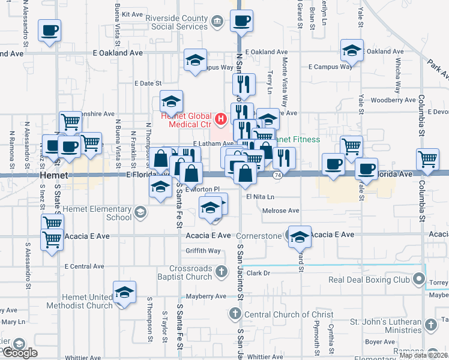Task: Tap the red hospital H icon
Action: click(x=220, y=119)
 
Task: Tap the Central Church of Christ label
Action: click(x=281, y=314)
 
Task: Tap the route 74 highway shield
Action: click(x=277, y=175)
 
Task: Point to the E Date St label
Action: click(x=148, y=83)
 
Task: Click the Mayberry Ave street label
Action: click(x=205, y=296)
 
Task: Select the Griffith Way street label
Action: click(x=203, y=251)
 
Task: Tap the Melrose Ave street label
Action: click(x=281, y=211)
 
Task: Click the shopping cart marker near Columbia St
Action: click(x=428, y=159)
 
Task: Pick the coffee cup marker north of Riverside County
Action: click(x=241, y=21)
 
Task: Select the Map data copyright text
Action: click(x=424, y=355)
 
